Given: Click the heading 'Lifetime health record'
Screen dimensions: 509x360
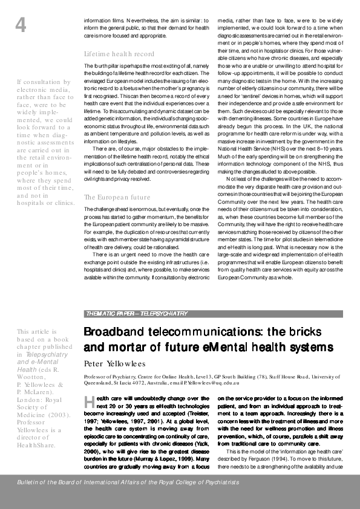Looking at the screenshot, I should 114,53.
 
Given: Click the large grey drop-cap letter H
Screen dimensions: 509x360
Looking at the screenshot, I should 88,402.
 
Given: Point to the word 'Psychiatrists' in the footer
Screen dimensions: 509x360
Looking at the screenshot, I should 221,482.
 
